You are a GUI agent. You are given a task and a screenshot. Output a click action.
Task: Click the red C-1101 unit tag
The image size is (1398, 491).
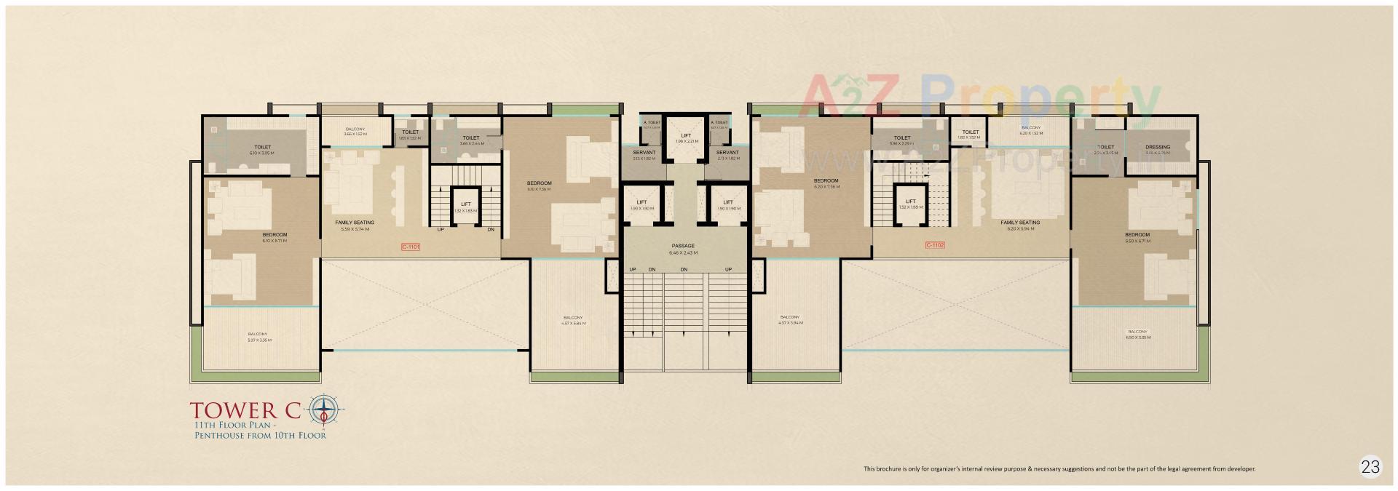tap(411, 247)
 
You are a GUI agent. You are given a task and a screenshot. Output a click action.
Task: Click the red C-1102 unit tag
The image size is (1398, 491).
tap(935, 245)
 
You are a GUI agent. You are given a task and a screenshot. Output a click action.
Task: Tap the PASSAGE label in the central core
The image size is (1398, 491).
tap(684, 246)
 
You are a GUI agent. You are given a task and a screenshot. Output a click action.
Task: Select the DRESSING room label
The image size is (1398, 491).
tap(1157, 148)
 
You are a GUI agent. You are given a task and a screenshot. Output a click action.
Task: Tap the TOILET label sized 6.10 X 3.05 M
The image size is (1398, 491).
tap(262, 148)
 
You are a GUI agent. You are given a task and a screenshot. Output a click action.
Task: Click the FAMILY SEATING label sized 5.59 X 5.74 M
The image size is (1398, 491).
tap(355, 223)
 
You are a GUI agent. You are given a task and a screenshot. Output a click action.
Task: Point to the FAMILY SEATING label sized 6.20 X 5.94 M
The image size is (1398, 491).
tap(1020, 223)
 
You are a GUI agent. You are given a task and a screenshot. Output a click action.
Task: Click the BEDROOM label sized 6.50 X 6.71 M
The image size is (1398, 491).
tap(1137, 235)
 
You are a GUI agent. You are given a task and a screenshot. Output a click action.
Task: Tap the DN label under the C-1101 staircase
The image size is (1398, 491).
tap(491, 230)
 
